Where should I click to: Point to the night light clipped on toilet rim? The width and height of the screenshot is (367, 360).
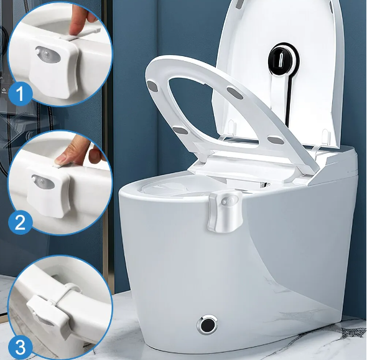pyautogui.click(x=224, y=211)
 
